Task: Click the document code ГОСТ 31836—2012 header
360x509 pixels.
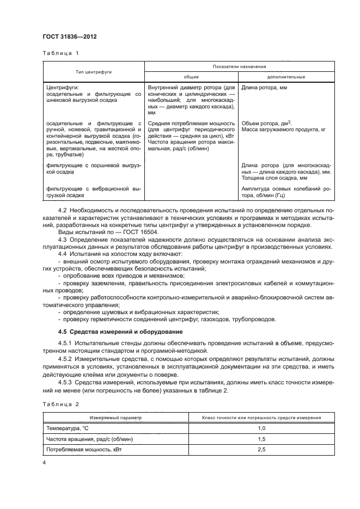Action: [x=66, y=36]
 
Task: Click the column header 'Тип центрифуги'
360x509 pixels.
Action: [x=93, y=72]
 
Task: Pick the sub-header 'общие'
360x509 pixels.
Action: [x=191, y=77]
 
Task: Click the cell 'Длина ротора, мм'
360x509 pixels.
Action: [x=264, y=87]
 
